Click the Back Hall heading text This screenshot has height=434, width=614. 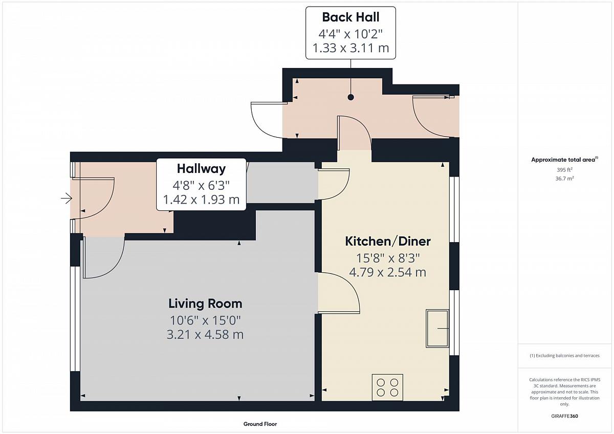pyautogui.click(x=350, y=17)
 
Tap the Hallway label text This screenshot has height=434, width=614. pyautogui.click(x=201, y=169)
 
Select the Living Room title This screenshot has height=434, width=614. pyautogui.click(x=205, y=304)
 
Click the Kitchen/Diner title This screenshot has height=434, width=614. pyautogui.click(x=388, y=241)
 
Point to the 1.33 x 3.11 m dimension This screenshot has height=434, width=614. pyautogui.click(x=351, y=48)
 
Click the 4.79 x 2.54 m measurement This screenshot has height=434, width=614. pyautogui.click(x=388, y=272)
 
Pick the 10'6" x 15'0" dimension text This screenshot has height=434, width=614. pyautogui.click(x=205, y=320)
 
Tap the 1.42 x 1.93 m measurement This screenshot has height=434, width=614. pyautogui.click(x=201, y=200)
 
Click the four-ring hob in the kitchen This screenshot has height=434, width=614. pyautogui.click(x=387, y=387)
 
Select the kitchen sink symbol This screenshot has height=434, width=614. pyautogui.click(x=437, y=329)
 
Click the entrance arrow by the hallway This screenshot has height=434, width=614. pyautogui.click(x=67, y=198)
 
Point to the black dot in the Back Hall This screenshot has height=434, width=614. pyautogui.click(x=350, y=97)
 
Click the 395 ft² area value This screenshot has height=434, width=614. pyautogui.click(x=564, y=170)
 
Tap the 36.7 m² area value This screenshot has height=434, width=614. pyautogui.click(x=564, y=179)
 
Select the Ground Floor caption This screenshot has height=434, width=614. pyautogui.click(x=260, y=424)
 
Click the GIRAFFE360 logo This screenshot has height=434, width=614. pyautogui.click(x=564, y=416)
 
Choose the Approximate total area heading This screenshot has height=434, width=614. pyautogui.click(x=564, y=160)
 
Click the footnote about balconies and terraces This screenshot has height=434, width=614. pyautogui.click(x=564, y=356)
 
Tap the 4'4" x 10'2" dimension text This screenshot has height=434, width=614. pyautogui.click(x=350, y=34)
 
